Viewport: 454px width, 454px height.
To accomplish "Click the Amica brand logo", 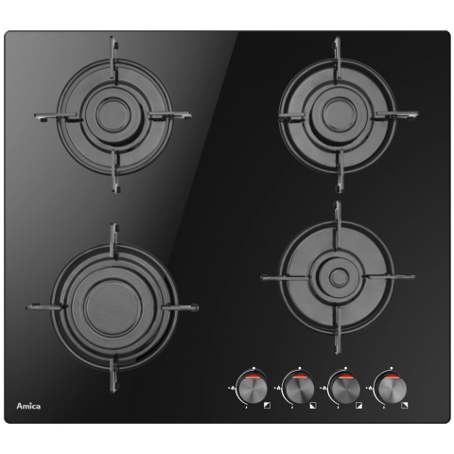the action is pyautogui.click(x=28, y=406).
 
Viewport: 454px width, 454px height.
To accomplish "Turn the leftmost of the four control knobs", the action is pyautogui.click(x=252, y=389).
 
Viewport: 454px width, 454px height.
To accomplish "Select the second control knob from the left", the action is pyautogui.click(x=298, y=389).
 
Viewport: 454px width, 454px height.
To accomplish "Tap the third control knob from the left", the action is pyautogui.click(x=344, y=389).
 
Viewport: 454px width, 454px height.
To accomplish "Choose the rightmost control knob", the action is pyautogui.click(x=390, y=389).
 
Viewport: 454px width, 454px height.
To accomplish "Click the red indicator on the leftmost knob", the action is pyautogui.click(x=253, y=376).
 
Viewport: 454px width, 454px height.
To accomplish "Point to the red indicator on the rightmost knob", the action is pyautogui.click(x=391, y=376).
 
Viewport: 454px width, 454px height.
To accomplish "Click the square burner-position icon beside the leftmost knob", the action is pyautogui.click(x=267, y=405).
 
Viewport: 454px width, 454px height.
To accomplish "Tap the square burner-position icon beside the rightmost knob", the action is pyautogui.click(x=405, y=405).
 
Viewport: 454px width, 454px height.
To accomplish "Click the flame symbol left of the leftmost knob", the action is pyautogui.click(x=233, y=388).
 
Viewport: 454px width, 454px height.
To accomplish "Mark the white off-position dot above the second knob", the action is pyautogui.click(x=300, y=368).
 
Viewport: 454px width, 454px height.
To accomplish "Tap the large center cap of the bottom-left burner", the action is pyautogui.click(x=110, y=308).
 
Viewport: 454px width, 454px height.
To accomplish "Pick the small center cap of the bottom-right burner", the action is pyautogui.click(x=339, y=277).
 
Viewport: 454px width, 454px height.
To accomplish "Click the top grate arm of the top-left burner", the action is pyautogui.click(x=114, y=60).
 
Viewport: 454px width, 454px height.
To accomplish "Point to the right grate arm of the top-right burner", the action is pyautogui.click(x=394, y=115).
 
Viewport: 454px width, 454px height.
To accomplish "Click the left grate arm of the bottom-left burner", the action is pyautogui.click(x=46, y=306).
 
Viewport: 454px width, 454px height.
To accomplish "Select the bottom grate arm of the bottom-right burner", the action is pyautogui.click(x=339, y=329).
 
